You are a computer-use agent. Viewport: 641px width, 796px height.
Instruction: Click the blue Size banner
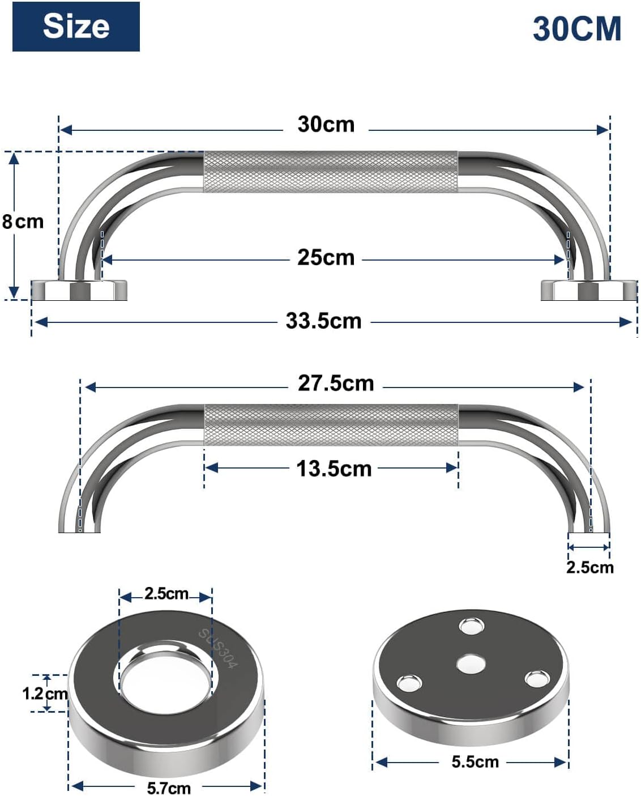point(76,27)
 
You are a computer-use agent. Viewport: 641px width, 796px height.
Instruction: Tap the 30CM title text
point(576,29)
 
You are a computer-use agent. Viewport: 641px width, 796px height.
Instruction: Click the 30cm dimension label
point(326,125)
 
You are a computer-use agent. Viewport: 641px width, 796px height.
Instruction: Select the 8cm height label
point(23,222)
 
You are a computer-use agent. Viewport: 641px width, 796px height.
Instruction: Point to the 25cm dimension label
point(326,257)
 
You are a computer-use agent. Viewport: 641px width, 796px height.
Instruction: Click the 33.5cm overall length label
point(323,321)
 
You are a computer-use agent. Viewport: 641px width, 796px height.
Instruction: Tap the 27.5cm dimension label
point(336,384)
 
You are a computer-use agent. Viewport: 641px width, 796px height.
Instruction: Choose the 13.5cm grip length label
point(334,469)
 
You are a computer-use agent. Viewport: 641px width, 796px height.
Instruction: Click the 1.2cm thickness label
point(45,693)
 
